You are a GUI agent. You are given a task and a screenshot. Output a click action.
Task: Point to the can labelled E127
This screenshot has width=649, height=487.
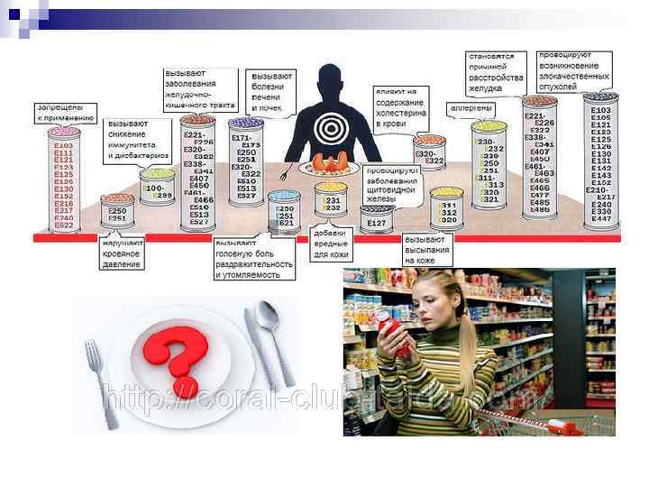(x=377, y=219)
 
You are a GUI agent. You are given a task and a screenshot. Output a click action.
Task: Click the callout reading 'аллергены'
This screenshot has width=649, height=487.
(x=471, y=108)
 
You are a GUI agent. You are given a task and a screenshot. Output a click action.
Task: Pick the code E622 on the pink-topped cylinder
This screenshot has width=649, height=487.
(x=64, y=225)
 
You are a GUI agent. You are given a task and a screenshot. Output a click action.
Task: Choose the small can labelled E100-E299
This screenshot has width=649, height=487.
(x=156, y=190)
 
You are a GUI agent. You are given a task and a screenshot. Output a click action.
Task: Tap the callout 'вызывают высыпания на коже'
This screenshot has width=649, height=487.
(x=427, y=250)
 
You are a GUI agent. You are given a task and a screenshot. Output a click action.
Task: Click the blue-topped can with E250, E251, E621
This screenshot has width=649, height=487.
(x=285, y=216)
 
